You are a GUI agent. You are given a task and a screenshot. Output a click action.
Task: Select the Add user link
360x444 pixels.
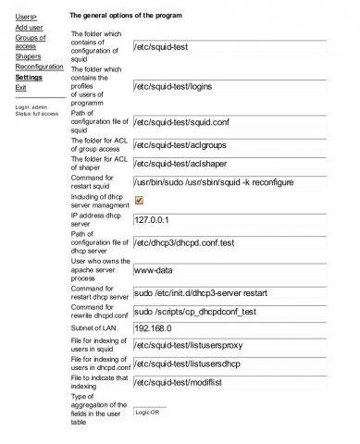[x=29, y=28]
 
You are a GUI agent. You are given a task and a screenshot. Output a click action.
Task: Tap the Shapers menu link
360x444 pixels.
[x=30, y=57]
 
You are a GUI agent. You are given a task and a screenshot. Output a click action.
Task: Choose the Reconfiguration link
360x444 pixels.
[x=39, y=68]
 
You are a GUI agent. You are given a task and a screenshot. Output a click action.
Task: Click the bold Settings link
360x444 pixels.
[x=29, y=78]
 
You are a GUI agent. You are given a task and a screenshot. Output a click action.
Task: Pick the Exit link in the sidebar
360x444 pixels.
[x=21, y=88]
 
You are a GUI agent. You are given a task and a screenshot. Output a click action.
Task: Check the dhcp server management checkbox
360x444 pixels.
[x=139, y=200]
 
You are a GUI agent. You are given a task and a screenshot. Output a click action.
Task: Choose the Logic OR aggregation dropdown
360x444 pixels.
[x=150, y=412]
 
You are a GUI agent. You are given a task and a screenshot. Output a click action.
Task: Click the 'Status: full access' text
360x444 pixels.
[x=38, y=114]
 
